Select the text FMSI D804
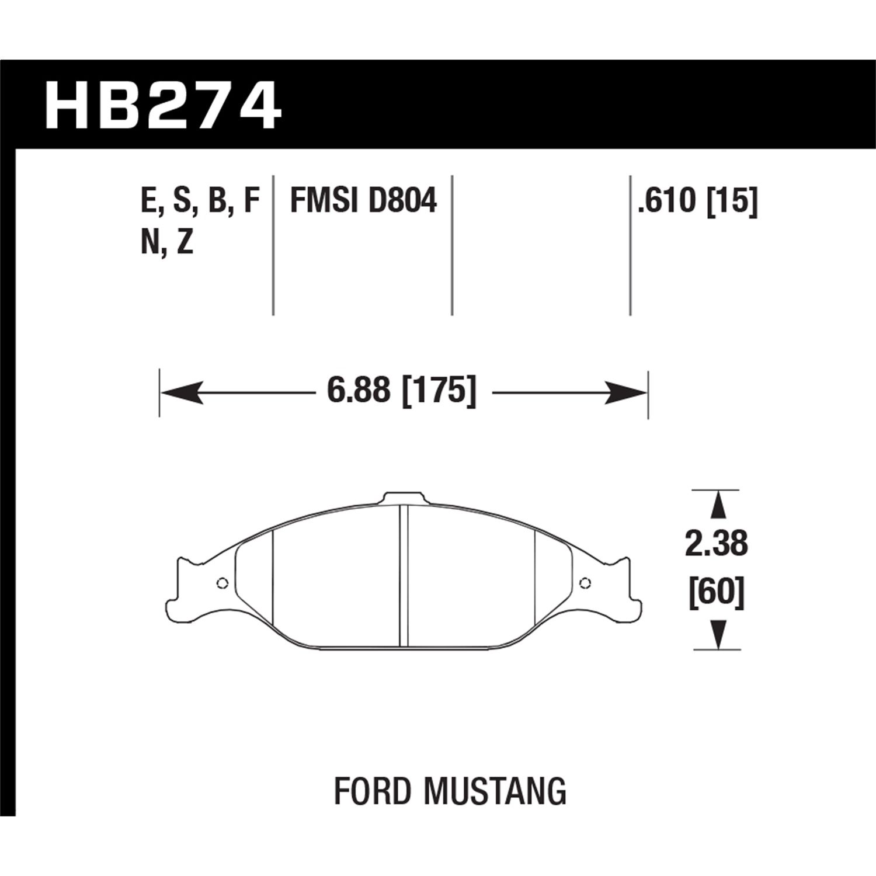[x=363, y=201]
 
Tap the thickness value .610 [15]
[x=698, y=201]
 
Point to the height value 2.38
[x=717, y=544]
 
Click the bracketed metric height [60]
[x=717, y=593]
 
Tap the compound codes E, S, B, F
[x=200, y=201]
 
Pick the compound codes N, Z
[x=167, y=242]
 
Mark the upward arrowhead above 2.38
[x=717, y=504]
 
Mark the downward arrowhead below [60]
[x=717, y=635]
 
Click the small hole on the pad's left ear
[x=221, y=583]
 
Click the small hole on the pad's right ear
[x=585, y=582]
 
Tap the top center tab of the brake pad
[x=403, y=498]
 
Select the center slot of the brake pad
[x=404, y=575]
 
